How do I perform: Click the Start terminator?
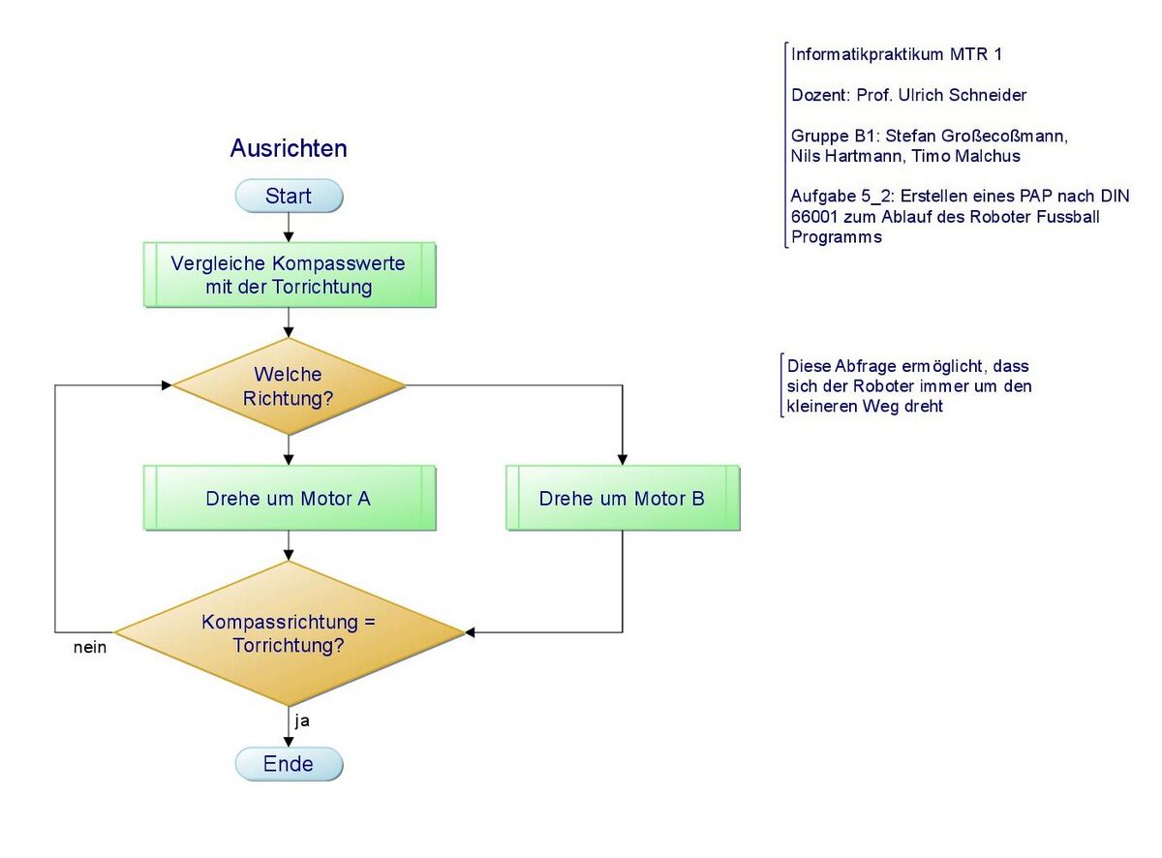pos(289,197)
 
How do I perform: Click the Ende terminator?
pos(289,764)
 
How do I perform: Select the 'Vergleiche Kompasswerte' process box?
pos(289,275)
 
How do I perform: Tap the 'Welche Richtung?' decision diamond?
pos(289,385)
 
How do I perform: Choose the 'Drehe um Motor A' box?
pos(289,499)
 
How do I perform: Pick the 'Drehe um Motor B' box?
pos(622,499)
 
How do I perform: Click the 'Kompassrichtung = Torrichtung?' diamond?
pos(289,633)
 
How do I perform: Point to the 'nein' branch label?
pos(90,648)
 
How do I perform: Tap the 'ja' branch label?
pos(302,720)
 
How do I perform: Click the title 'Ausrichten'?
pos(289,148)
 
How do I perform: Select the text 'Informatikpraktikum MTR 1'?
pos(897,54)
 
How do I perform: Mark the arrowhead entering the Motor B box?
pos(622,459)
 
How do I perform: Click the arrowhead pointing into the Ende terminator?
pos(289,741)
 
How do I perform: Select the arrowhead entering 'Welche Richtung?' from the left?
pos(167,385)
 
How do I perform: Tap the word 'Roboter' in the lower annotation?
pos(847,386)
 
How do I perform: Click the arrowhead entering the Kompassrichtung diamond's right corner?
pos(471,633)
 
